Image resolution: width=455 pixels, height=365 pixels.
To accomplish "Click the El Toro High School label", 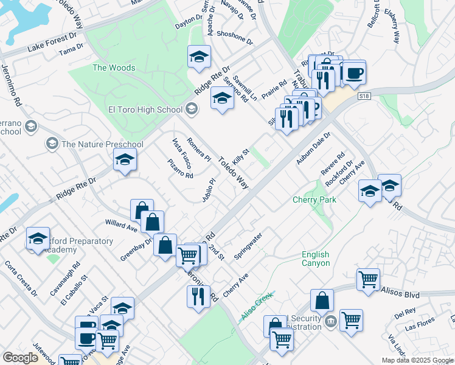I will pos(145,109).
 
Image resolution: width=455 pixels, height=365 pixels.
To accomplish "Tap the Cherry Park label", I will pos(314,200).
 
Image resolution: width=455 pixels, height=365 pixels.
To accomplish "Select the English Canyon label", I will pos(316,259).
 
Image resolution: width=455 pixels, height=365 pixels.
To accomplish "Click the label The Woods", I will pos(114,68).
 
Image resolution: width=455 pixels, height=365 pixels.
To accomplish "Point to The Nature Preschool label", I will pos(102,144).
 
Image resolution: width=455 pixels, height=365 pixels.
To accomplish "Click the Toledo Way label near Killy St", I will pos(234,173).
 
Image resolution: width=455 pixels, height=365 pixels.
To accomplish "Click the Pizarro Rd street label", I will pos(180,169).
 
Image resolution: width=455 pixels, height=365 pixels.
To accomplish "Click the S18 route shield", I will pos(364,96).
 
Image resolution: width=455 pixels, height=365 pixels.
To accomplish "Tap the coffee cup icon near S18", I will pos(354,72).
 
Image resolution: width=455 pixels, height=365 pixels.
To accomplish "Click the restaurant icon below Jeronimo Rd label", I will pos(198,297).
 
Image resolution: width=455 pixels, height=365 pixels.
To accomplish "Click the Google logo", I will pos(20,358).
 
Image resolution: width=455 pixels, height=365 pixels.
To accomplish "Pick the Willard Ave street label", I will pos(121,226).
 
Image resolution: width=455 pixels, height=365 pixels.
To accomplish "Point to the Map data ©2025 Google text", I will pos(417,360).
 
